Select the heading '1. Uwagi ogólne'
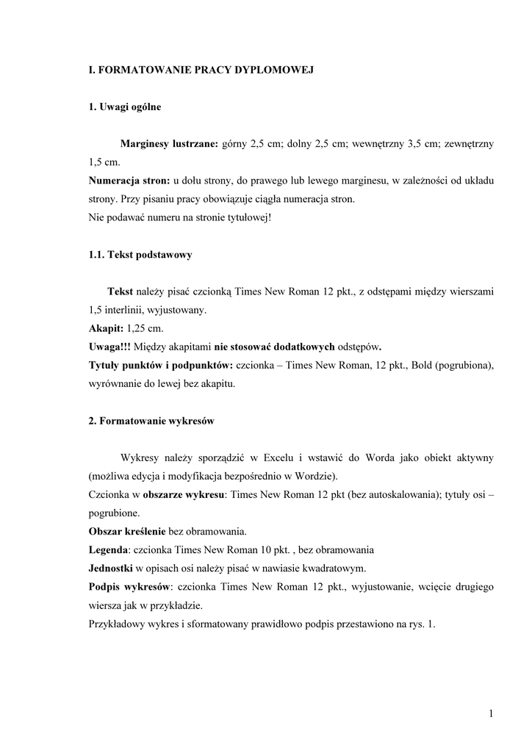tap(124, 107)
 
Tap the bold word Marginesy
tap(145, 145)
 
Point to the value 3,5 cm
tap(421, 145)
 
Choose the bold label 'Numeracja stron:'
tap(129, 181)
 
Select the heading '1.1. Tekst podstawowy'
tap(140, 255)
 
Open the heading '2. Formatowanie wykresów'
tap(151, 421)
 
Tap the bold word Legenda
tap(108, 549)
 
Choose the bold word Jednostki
tap(111, 568)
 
